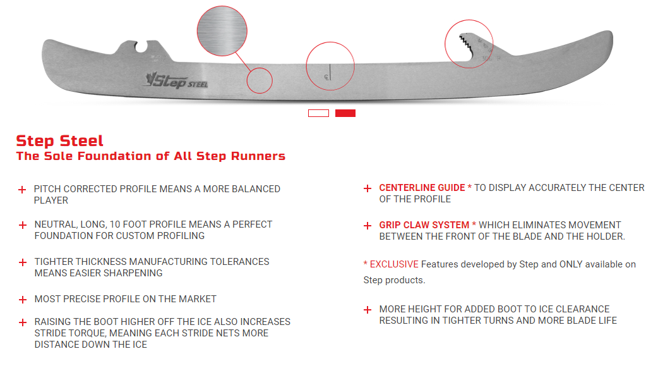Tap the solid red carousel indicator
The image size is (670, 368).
(345, 113)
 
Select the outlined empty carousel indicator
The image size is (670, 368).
(318, 113)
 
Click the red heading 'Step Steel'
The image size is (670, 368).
(60, 140)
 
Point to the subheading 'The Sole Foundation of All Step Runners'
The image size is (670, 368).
(151, 156)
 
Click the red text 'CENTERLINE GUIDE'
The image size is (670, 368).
(422, 188)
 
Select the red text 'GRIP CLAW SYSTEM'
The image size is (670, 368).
(424, 225)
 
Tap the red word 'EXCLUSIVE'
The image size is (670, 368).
(394, 264)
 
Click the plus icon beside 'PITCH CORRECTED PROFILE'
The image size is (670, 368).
(22, 190)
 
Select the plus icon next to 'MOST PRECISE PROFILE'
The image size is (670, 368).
(22, 300)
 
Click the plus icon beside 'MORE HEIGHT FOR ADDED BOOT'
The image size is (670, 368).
(367, 310)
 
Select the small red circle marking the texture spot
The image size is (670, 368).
(259, 80)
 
